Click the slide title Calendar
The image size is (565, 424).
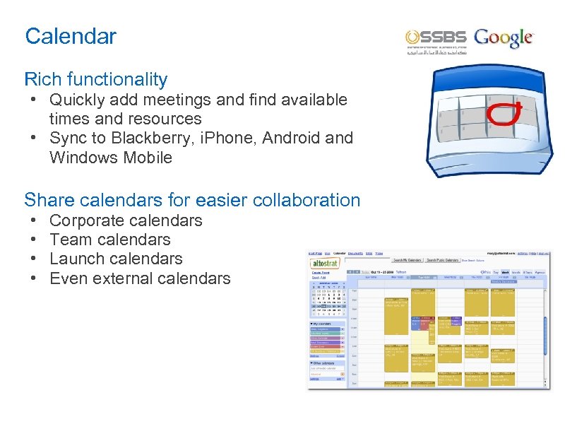[70, 36]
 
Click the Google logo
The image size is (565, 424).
[504, 37]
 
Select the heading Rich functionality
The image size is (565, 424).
[96, 79]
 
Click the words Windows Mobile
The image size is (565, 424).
[111, 158]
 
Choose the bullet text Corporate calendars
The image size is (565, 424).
[126, 220]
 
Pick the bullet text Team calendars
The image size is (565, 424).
[110, 240]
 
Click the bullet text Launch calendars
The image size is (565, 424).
[116, 259]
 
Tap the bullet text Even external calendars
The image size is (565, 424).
[140, 278]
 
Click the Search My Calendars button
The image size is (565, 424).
[408, 259]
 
